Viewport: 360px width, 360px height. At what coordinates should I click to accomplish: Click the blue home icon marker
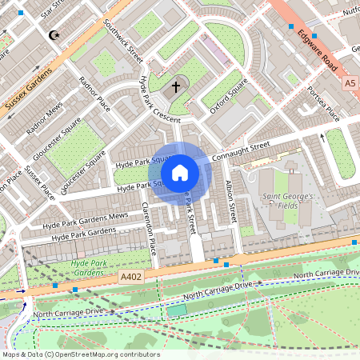coord(180,172)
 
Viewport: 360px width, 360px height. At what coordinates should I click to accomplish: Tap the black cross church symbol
coord(176,86)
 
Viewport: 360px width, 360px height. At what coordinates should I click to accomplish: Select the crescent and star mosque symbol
coord(54,35)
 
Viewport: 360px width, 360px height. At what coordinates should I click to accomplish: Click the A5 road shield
coord(350,82)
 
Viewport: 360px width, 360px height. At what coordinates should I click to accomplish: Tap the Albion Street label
coord(231,202)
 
